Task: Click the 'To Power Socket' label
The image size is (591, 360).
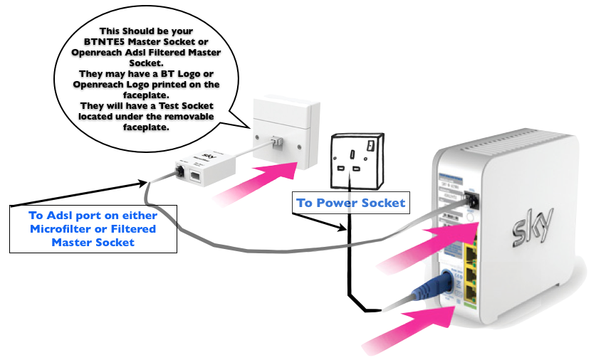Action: coord(350,203)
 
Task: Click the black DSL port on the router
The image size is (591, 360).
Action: coord(470,203)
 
